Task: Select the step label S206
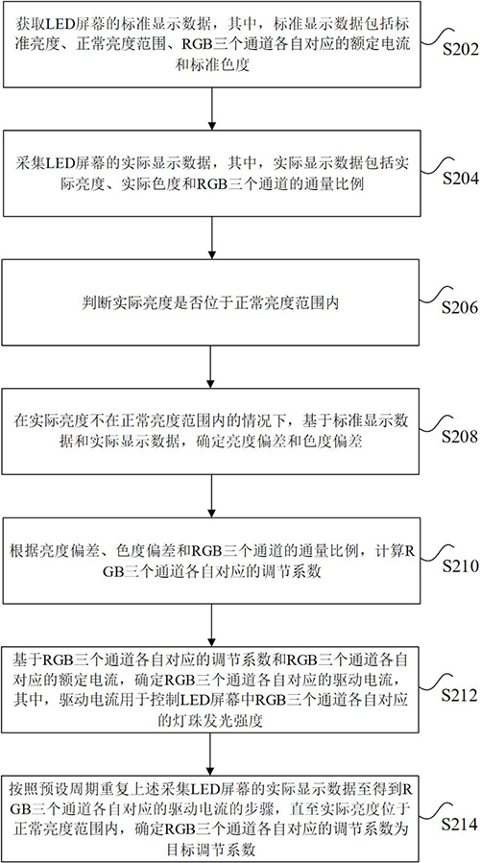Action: coord(460,307)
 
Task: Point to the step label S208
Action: coord(460,437)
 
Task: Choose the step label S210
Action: coord(460,565)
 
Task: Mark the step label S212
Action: coord(460,695)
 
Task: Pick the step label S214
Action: coord(460,825)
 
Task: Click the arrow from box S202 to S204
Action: coord(212,108)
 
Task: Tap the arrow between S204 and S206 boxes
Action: coord(212,237)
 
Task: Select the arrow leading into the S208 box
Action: coord(212,367)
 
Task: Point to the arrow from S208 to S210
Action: coord(212,496)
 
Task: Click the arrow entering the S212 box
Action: coord(212,625)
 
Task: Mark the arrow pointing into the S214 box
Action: coord(212,755)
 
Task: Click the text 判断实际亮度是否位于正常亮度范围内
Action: coord(212,302)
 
